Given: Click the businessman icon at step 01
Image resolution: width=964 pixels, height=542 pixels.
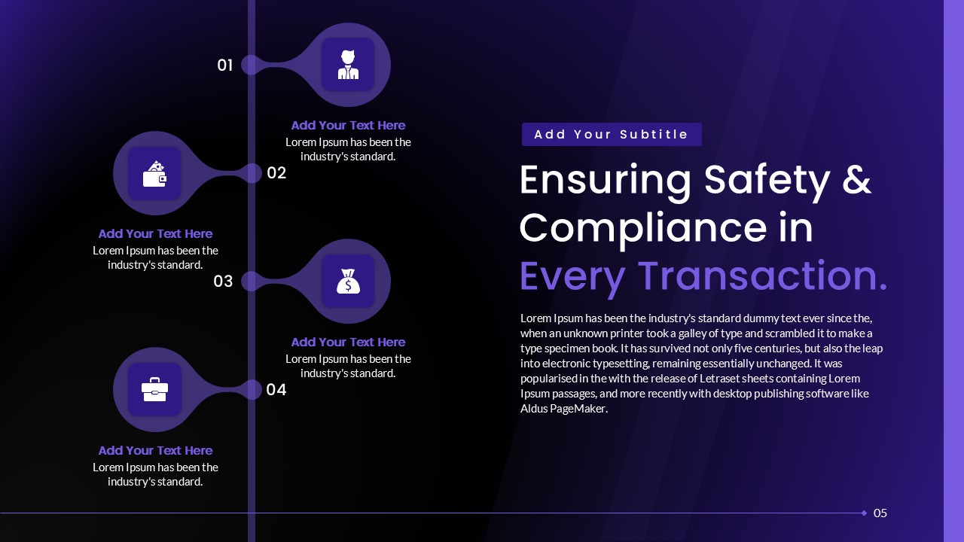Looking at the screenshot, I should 348,65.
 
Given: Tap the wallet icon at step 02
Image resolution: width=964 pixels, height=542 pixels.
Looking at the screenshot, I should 154,173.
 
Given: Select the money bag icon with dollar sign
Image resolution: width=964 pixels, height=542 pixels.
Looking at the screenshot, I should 348,282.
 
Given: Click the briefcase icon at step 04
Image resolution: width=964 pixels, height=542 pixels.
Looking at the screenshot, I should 154,390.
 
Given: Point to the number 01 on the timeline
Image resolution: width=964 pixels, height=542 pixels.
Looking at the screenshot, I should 224,65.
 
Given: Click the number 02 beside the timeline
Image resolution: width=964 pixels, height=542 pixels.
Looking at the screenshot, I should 276,173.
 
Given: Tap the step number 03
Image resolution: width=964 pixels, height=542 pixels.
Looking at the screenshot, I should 223,282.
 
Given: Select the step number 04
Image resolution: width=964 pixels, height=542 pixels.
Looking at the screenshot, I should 276,390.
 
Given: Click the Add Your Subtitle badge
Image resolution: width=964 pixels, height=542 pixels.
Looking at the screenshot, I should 612,135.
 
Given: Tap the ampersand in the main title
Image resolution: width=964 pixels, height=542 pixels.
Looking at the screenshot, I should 856,181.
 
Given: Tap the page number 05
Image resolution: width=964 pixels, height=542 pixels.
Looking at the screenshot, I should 880,513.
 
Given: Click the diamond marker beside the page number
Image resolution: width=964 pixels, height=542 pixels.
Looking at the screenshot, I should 864,513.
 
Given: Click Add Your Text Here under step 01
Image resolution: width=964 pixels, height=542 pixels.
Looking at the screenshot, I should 348,126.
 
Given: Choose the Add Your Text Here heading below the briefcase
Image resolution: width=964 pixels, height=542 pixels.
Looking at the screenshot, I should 155,451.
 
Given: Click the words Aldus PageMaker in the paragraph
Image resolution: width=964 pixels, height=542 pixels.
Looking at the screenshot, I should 563,409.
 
